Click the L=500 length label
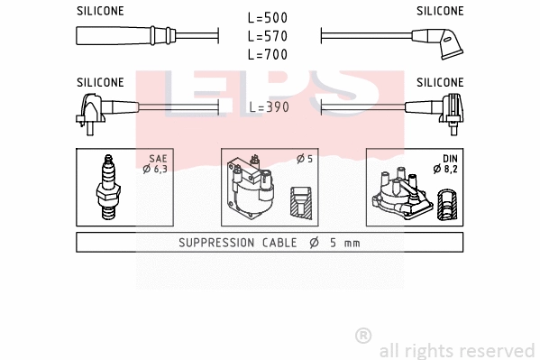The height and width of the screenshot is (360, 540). pos(268,18)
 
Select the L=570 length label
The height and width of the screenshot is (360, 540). pos(268,36)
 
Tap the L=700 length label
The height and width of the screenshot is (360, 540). pos(268,54)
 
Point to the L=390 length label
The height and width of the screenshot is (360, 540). pos(268,106)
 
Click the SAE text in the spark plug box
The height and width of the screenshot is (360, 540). pos(158,158)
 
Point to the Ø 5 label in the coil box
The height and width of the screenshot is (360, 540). pos(305,160)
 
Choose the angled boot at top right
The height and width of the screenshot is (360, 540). pos(436,41)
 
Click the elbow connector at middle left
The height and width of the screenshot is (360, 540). pos(94,108)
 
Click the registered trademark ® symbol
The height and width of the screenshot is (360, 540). pos(363,335)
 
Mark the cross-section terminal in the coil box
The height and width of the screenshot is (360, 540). pos(302,201)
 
